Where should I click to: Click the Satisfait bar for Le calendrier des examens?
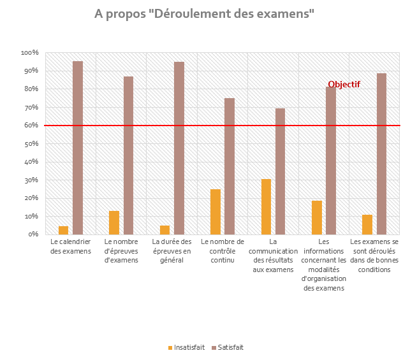[x=78, y=148]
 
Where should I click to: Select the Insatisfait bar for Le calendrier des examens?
[x=64, y=230]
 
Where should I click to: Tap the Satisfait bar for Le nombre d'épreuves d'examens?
[x=129, y=155]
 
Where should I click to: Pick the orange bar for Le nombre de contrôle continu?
[x=216, y=212]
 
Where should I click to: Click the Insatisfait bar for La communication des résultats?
[x=267, y=206]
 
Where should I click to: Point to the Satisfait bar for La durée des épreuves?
[x=179, y=148]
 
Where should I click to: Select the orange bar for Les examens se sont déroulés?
[x=367, y=225]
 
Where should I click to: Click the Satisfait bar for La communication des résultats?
[x=281, y=171]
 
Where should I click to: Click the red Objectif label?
[x=344, y=84]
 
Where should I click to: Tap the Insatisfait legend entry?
[x=186, y=347]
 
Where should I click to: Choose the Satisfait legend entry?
[x=228, y=347]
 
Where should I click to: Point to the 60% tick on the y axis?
[x=31, y=125]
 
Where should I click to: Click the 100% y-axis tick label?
[x=29, y=52]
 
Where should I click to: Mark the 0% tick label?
[x=33, y=234]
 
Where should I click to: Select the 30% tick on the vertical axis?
[x=31, y=180]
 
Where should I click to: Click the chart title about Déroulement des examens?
[x=204, y=13]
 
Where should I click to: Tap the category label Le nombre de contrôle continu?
[x=223, y=251]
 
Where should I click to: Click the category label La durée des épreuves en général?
[x=172, y=251]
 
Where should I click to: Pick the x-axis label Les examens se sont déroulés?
[x=374, y=256]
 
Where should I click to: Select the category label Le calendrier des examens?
[x=71, y=246]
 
